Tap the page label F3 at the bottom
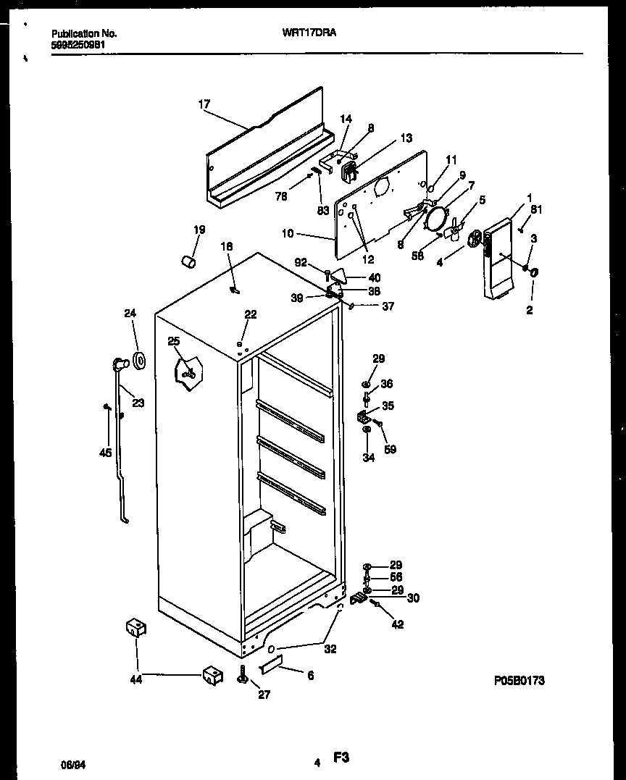click(x=341, y=758)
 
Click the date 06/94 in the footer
click(x=70, y=763)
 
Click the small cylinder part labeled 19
click(x=190, y=259)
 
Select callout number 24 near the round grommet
click(x=130, y=314)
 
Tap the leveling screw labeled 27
click(x=243, y=676)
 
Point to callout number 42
click(x=398, y=625)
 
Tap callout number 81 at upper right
click(x=535, y=210)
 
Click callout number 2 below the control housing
click(x=530, y=310)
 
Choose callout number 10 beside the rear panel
click(x=289, y=233)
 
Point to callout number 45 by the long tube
click(x=105, y=453)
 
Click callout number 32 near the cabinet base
click(x=330, y=650)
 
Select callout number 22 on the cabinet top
click(x=250, y=314)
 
